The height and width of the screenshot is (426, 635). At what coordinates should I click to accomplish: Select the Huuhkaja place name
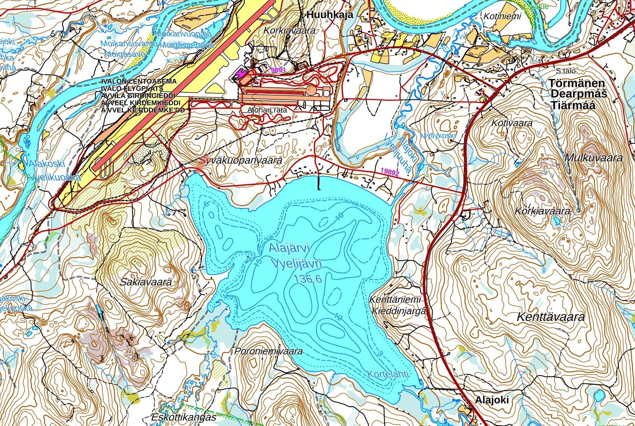[x=329, y=15]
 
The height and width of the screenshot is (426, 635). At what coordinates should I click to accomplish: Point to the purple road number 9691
[x=279, y=70]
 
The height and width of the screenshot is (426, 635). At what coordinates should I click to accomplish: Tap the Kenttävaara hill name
[x=551, y=317]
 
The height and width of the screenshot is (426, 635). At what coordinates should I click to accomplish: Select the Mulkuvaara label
[x=594, y=158]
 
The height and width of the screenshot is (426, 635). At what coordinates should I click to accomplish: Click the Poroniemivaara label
[x=269, y=351]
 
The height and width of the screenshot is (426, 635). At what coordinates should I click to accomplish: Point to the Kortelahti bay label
[x=387, y=375]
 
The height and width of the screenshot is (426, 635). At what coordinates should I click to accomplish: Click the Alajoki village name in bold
[x=491, y=400]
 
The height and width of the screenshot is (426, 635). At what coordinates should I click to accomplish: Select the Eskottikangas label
[x=184, y=417]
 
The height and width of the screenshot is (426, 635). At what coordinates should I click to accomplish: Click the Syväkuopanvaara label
[x=241, y=160]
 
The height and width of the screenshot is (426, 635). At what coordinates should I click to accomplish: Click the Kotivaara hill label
[x=512, y=123]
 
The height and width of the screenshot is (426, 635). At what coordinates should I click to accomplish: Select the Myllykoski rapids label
[x=438, y=136]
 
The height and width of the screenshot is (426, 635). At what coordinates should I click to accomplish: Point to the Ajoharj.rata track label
[x=268, y=111]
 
